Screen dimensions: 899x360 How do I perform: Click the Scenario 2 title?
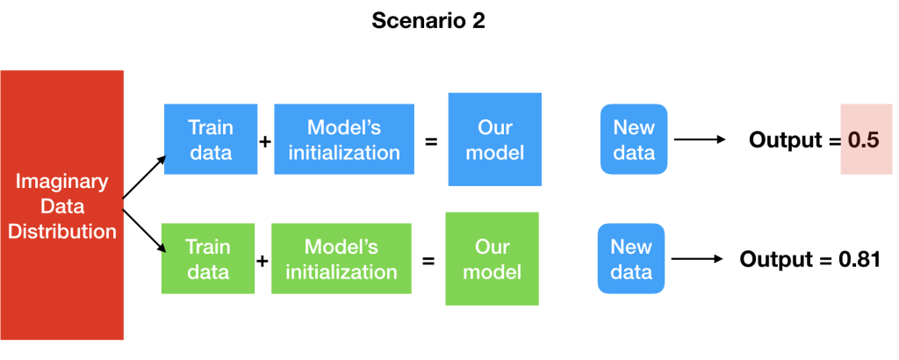click(428, 21)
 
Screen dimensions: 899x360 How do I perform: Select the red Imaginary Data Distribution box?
click(62, 205)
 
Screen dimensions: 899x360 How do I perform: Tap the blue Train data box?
click(211, 140)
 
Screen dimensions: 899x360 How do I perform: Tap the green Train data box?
click(208, 258)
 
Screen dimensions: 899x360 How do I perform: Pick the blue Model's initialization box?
click(344, 140)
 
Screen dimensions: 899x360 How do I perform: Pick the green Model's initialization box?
click(342, 258)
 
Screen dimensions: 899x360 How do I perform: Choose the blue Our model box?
click(495, 140)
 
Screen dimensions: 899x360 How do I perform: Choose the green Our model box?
click(492, 258)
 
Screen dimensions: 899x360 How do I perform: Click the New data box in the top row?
click(634, 140)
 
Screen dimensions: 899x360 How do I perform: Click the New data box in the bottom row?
click(631, 258)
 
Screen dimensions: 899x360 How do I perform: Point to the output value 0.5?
click(864, 140)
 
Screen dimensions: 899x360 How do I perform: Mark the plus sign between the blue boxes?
click(265, 141)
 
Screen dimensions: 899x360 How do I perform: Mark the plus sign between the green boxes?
click(262, 261)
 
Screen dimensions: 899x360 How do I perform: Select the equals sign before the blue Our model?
click(431, 141)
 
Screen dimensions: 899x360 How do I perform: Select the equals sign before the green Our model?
click(428, 261)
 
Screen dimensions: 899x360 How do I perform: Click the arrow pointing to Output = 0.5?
click(700, 140)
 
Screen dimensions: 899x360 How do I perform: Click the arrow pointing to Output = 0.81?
click(696, 259)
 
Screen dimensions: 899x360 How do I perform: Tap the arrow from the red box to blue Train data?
click(145, 177)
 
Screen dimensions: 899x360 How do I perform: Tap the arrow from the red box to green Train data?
click(145, 231)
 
